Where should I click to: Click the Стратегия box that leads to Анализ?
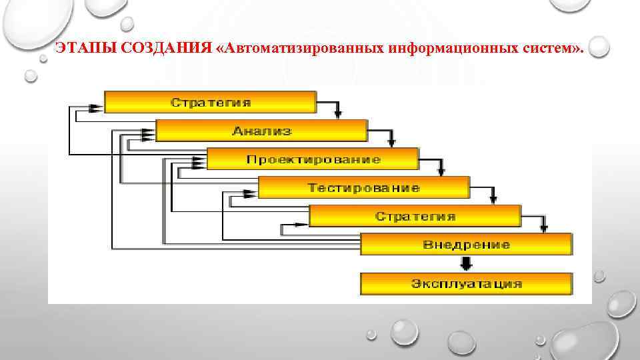pos(210,102)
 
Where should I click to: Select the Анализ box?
pos(261,131)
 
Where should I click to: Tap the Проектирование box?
pos(313,159)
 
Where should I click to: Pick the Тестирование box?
pos(363,187)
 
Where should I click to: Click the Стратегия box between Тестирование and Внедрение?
pos(415,216)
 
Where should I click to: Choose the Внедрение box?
pos(466,244)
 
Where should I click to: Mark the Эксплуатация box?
pos(466,283)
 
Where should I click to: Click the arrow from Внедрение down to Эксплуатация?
pos(466,263)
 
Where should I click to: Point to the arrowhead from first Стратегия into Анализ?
pos(339,114)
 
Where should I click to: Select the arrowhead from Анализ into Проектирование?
pos(391,142)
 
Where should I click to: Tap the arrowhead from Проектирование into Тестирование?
pos(441,171)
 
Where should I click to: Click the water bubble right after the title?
pos(599,47)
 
